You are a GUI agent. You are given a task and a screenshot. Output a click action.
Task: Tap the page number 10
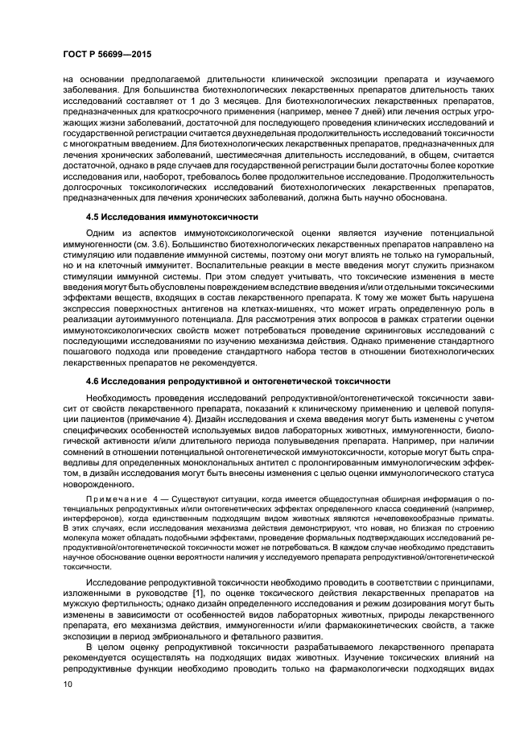coord(67,683)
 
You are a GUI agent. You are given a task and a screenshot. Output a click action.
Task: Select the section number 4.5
coord(94,217)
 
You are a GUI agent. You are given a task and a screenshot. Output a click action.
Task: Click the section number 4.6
coord(94,380)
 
